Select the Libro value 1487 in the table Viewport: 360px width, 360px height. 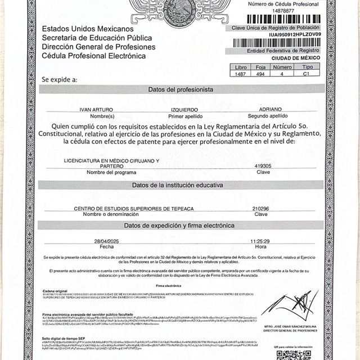click(x=240, y=73)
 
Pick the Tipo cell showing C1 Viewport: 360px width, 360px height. click(x=307, y=73)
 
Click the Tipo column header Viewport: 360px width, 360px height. click(x=307, y=66)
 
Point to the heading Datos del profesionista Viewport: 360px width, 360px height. click(x=181, y=89)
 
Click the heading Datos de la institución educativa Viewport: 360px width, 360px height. click(x=181, y=185)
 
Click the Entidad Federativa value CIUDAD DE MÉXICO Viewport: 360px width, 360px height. click(x=295, y=57)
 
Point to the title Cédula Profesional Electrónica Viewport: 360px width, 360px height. click(x=94, y=56)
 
